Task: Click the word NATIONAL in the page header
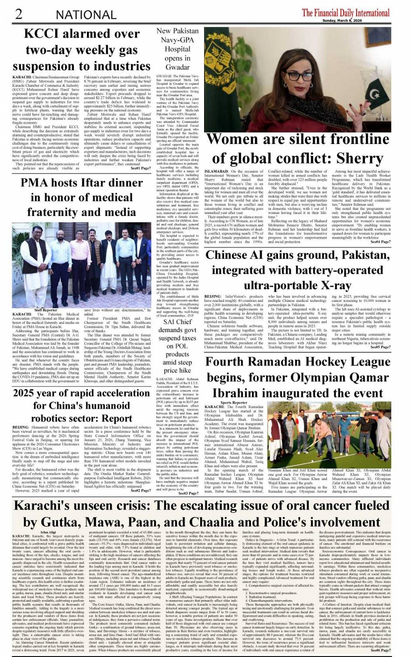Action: (86, 15)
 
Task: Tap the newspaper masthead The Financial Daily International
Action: (345, 12)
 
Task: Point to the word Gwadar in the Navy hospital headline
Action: (177, 67)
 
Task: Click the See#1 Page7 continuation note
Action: (140, 168)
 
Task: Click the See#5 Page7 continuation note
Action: (380, 347)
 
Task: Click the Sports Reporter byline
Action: (234, 402)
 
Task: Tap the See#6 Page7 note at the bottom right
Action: (380, 650)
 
